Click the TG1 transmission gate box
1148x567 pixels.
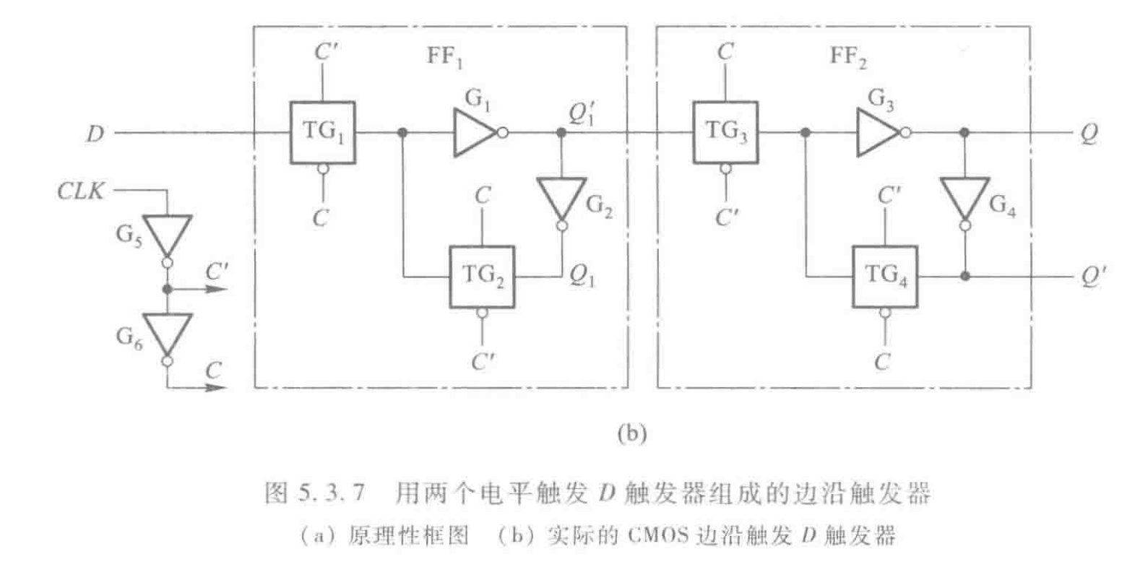(x=322, y=133)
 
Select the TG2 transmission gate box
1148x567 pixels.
(x=482, y=277)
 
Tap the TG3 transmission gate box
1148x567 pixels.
(x=725, y=133)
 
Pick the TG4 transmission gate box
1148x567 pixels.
(x=885, y=277)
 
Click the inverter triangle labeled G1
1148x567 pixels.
(x=473, y=133)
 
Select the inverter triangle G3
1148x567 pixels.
(x=876, y=133)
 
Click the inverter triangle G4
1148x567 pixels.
(x=964, y=199)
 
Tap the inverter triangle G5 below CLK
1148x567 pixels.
(x=167, y=234)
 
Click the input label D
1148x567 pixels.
(x=95, y=134)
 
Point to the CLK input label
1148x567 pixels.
(x=81, y=192)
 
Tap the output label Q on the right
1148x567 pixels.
(x=1089, y=134)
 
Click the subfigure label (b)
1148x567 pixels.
(x=631, y=433)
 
